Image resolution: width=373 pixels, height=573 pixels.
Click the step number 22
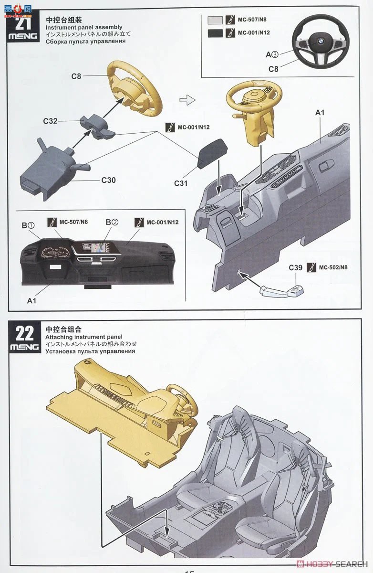point(24,332)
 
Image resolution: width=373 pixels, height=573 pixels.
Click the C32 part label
point(50,121)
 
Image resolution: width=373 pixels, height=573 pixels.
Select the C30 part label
point(108,180)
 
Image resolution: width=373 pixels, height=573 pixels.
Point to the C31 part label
point(182,183)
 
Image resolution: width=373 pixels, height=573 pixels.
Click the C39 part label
point(296,267)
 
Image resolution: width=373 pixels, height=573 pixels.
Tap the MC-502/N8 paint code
point(333,267)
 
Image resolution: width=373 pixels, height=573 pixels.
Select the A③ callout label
point(272,54)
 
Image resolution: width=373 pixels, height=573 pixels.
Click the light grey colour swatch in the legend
point(216,20)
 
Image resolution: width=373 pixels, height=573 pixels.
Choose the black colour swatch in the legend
point(216,33)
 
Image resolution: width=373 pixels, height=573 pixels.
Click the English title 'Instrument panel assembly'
point(84,27)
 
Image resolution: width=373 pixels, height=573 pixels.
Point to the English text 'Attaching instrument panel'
point(84,337)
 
